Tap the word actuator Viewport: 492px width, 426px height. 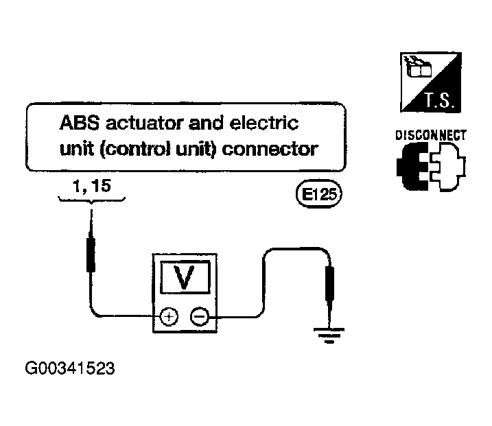[x=145, y=123]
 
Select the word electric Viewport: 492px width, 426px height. [x=264, y=123]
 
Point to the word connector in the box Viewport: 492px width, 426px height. [x=270, y=150]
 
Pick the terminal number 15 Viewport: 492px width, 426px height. [x=101, y=186]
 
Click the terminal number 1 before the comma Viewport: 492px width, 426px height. [x=77, y=186]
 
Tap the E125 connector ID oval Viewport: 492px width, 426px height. [x=319, y=194]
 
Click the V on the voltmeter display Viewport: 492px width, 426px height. [x=185, y=278]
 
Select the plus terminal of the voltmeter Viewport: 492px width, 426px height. [x=169, y=316]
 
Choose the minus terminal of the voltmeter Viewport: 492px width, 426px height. [x=200, y=316]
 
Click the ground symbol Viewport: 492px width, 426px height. [x=329, y=335]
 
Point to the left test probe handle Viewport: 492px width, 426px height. [x=91, y=254]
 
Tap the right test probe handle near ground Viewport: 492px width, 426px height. [x=329, y=283]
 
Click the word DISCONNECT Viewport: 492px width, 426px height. [x=430, y=136]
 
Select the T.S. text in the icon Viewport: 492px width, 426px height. [x=439, y=100]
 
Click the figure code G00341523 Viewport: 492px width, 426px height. [x=70, y=368]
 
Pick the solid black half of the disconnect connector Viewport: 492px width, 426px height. [x=412, y=166]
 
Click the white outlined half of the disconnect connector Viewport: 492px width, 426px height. [x=448, y=166]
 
